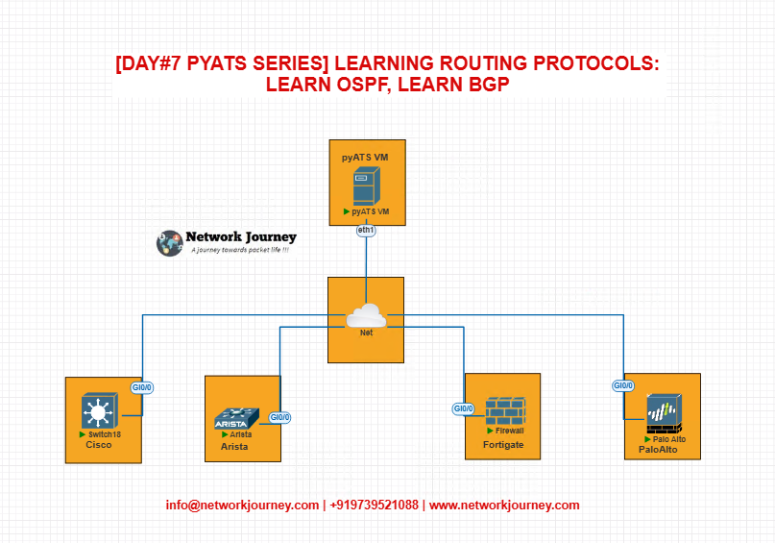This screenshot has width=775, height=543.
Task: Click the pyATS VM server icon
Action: click(x=366, y=185)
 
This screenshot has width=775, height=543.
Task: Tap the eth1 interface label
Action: click(x=366, y=231)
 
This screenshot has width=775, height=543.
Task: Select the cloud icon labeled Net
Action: click(x=366, y=316)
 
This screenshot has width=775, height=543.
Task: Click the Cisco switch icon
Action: click(x=99, y=410)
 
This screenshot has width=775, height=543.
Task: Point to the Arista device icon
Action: click(x=236, y=418)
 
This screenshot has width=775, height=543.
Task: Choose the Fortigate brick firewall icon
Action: click(x=505, y=411)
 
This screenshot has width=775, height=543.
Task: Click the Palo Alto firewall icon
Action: click(x=665, y=414)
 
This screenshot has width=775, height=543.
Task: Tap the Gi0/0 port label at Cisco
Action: click(x=142, y=387)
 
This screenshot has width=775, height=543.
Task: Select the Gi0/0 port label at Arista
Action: click(x=279, y=417)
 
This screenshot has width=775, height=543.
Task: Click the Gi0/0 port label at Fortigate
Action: click(x=464, y=409)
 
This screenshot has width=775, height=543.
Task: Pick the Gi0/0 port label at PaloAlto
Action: click(x=622, y=385)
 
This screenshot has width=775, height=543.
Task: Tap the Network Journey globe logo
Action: click(x=170, y=243)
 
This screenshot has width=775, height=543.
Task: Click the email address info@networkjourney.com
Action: click(x=242, y=505)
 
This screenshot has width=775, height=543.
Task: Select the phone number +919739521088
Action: click(x=375, y=505)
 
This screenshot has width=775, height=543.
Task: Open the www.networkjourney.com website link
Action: click(x=504, y=505)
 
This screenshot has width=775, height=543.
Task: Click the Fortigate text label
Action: click(x=503, y=445)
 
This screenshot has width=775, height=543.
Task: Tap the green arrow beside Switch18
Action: click(x=83, y=434)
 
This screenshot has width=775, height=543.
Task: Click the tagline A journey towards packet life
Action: click(x=240, y=250)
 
